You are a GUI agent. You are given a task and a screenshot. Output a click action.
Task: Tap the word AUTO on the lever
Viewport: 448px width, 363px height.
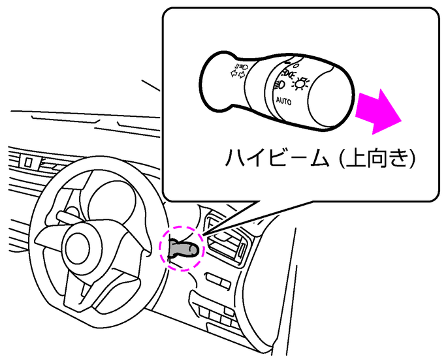pyautogui.click(x=283, y=101)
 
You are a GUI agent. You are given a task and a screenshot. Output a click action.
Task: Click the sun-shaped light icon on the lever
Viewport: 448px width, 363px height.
pyautogui.click(x=300, y=84)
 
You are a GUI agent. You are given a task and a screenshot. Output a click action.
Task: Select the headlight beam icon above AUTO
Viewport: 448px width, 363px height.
pyautogui.click(x=280, y=85)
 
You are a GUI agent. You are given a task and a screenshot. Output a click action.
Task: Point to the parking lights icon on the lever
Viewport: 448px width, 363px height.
pyautogui.click(x=287, y=74)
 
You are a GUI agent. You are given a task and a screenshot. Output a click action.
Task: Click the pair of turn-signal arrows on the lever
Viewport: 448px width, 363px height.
pyautogui.click(x=238, y=74)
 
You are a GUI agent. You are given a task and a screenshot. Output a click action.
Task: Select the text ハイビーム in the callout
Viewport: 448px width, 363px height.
pyautogui.click(x=277, y=157)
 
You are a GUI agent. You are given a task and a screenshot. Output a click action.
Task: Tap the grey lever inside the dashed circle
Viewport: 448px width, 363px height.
pyautogui.click(x=184, y=248)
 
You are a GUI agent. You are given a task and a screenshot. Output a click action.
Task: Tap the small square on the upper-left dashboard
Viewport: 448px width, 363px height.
pyautogui.click(x=28, y=162)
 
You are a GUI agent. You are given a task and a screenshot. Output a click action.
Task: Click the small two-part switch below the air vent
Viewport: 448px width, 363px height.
pyautogui.click(x=217, y=281)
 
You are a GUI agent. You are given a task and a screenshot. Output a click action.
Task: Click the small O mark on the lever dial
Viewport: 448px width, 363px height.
pyautogui.click(x=296, y=65)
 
